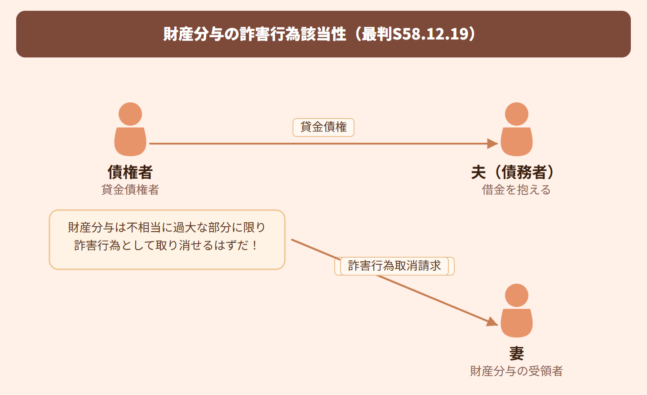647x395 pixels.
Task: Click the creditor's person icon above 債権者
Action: click(130, 129)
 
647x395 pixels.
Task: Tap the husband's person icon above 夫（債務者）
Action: click(516, 129)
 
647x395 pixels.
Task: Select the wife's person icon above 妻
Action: click(516, 311)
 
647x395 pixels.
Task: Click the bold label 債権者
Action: click(130, 172)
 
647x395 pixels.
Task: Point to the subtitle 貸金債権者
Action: click(130, 190)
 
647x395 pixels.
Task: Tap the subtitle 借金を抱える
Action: click(516, 190)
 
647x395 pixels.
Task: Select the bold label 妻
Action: click(516, 354)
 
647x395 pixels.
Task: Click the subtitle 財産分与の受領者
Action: click(516, 371)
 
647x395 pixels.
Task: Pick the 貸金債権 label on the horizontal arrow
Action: click(323, 127)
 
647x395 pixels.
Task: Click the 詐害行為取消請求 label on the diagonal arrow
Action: click(394, 266)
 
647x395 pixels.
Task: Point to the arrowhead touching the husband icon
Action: click(492, 143)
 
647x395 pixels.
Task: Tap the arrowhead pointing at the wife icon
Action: click(492, 322)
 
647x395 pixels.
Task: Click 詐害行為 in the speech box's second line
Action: click(97, 245)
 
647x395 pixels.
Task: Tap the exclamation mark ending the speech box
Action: click(254, 245)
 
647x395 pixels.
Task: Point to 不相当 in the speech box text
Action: click(144, 228)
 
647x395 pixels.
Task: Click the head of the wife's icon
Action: click(516, 295)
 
